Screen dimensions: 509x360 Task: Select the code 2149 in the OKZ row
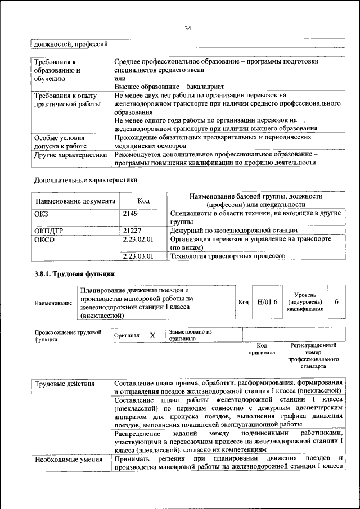coord(130,214)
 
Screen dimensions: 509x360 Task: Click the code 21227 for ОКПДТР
coord(132,230)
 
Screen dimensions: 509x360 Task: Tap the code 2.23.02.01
coord(138,239)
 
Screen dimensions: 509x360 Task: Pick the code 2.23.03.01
coord(138,255)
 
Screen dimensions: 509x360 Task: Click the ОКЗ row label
coord(43,214)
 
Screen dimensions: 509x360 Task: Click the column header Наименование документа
coord(75,201)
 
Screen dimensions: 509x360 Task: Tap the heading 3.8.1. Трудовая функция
coord(75,274)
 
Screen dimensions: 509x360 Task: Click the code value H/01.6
coord(267,302)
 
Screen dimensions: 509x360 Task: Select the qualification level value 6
coord(336,302)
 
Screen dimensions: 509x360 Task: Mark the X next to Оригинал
coord(152,335)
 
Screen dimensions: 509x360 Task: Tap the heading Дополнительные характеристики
coord(85,181)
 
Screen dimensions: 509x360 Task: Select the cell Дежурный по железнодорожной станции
coord(233,230)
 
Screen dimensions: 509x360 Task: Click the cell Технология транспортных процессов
coord(227,255)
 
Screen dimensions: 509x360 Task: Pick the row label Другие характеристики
coord(70,154)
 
